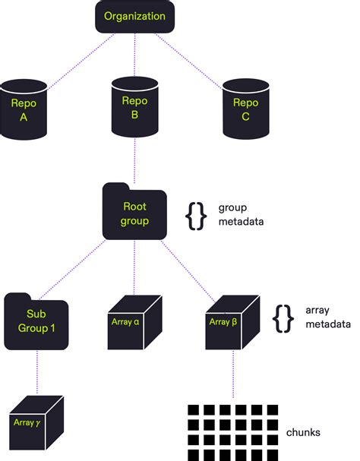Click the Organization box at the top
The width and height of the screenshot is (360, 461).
click(x=134, y=17)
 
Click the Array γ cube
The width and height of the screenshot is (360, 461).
click(x=36, y=420)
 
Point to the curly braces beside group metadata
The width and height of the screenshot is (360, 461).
click(x=196, y=214)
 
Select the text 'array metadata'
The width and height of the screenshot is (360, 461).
click(x=327, y=317)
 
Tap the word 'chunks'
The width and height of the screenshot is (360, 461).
click(x=303, y=432)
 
